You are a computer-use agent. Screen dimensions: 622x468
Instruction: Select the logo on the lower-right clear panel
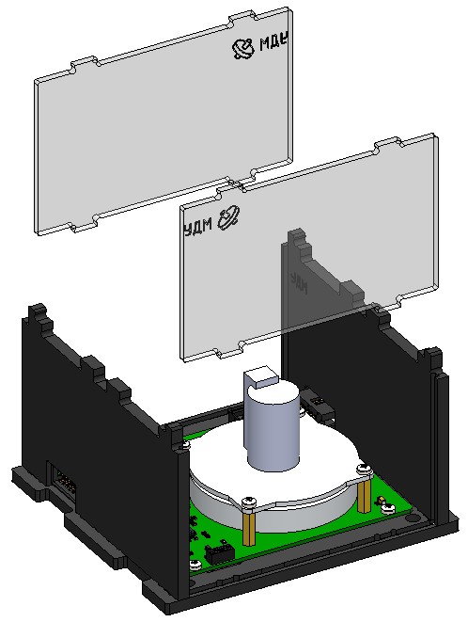coord(229,219)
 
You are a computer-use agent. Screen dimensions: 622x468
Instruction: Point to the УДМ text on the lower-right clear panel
coord(197,226)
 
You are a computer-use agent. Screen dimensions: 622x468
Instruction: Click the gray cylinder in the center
coord(273,428)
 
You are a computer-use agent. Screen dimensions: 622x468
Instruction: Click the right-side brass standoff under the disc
coord(362,489)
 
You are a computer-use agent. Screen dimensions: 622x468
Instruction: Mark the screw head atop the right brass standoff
coord(362,468)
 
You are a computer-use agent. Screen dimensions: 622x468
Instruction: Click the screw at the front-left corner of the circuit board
coord(194,564)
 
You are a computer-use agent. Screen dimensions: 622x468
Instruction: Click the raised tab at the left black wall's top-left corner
coord(38,313)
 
